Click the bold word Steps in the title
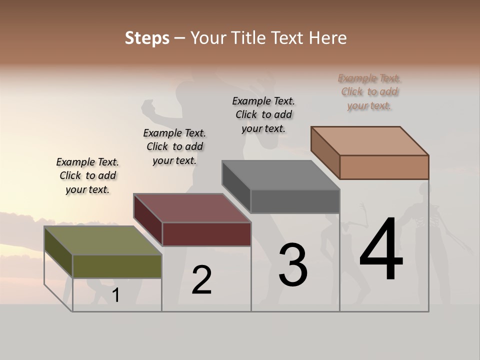[x=147, y=38]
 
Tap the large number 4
[x=381, y=249]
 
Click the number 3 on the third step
[x=293, y=265]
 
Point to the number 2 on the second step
[x=202, y=280]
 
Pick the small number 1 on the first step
[x=116, y=295]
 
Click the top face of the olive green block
[x=103, y=240]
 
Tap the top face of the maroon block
[x=192, y=208]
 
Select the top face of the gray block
[x=281, y=175]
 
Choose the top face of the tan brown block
[x=370, y=141]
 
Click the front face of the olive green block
[x=117, y=266]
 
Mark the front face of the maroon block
[x=206, y=234]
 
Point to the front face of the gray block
[x=295, y=201]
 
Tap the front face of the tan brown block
[x=384, y=167]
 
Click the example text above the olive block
[x=87, y=175]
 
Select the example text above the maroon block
[x=174, y=146]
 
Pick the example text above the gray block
[x=263, y=114]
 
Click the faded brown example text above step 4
[x=369, y=91]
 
